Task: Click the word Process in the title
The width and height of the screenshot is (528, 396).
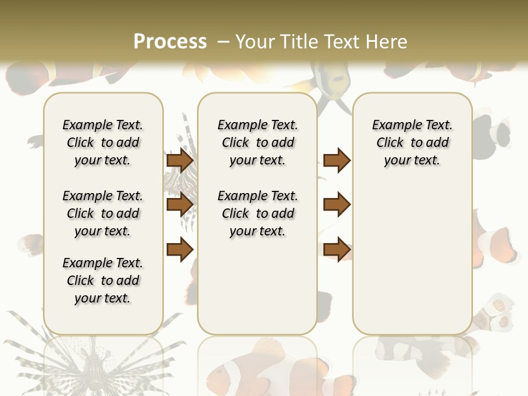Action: (170, 41)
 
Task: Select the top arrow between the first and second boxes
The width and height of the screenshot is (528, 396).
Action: (180, 161)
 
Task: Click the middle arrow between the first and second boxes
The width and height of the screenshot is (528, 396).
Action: (180, 205)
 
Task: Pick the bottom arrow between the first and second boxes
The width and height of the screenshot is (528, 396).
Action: (180, 250)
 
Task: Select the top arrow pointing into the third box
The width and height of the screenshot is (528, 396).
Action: (337, 161)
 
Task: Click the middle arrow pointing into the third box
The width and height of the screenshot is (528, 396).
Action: (337, 205)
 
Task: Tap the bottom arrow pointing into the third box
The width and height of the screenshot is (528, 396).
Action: (337, 250)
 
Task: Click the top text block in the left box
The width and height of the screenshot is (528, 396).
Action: (103, 142)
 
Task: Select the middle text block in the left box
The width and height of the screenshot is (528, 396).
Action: (103, 213)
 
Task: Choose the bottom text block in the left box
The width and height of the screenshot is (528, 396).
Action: (103, 280)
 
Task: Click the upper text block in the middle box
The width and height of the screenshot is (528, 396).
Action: (257, 142)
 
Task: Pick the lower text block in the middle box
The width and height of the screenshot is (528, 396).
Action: (257, 213)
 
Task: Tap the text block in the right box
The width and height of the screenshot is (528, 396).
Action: (412, 142)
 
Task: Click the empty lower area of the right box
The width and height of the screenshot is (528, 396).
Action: (412, 264)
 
